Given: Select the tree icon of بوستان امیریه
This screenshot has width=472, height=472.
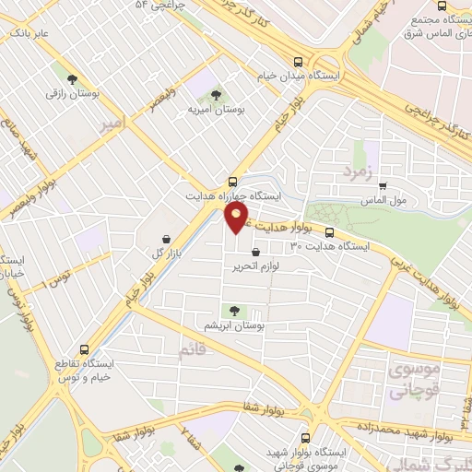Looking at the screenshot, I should (x=216, y=94).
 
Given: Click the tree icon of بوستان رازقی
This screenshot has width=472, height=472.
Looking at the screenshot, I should (x=72, y=78).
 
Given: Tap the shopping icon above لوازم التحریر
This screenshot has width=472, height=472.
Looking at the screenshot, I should (x=255, y=251).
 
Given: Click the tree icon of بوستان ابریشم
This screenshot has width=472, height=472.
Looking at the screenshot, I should (x=231, y=311).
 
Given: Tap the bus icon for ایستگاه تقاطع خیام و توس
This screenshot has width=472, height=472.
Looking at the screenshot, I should (x=84, y=349).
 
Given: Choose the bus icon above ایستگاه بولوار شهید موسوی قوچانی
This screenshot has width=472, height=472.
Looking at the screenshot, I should (x=306, y=439).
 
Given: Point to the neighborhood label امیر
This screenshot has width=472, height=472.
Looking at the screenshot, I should (x=112, y=121).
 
